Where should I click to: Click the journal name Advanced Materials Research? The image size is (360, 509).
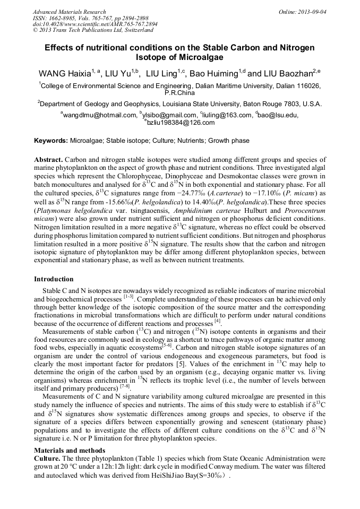[69, 12]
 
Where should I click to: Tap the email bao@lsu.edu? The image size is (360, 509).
[278, 115]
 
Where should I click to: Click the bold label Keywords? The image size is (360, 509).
[51, 141]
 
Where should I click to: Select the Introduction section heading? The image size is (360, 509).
[54, 279]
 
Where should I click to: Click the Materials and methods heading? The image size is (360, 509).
[70, 451]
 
